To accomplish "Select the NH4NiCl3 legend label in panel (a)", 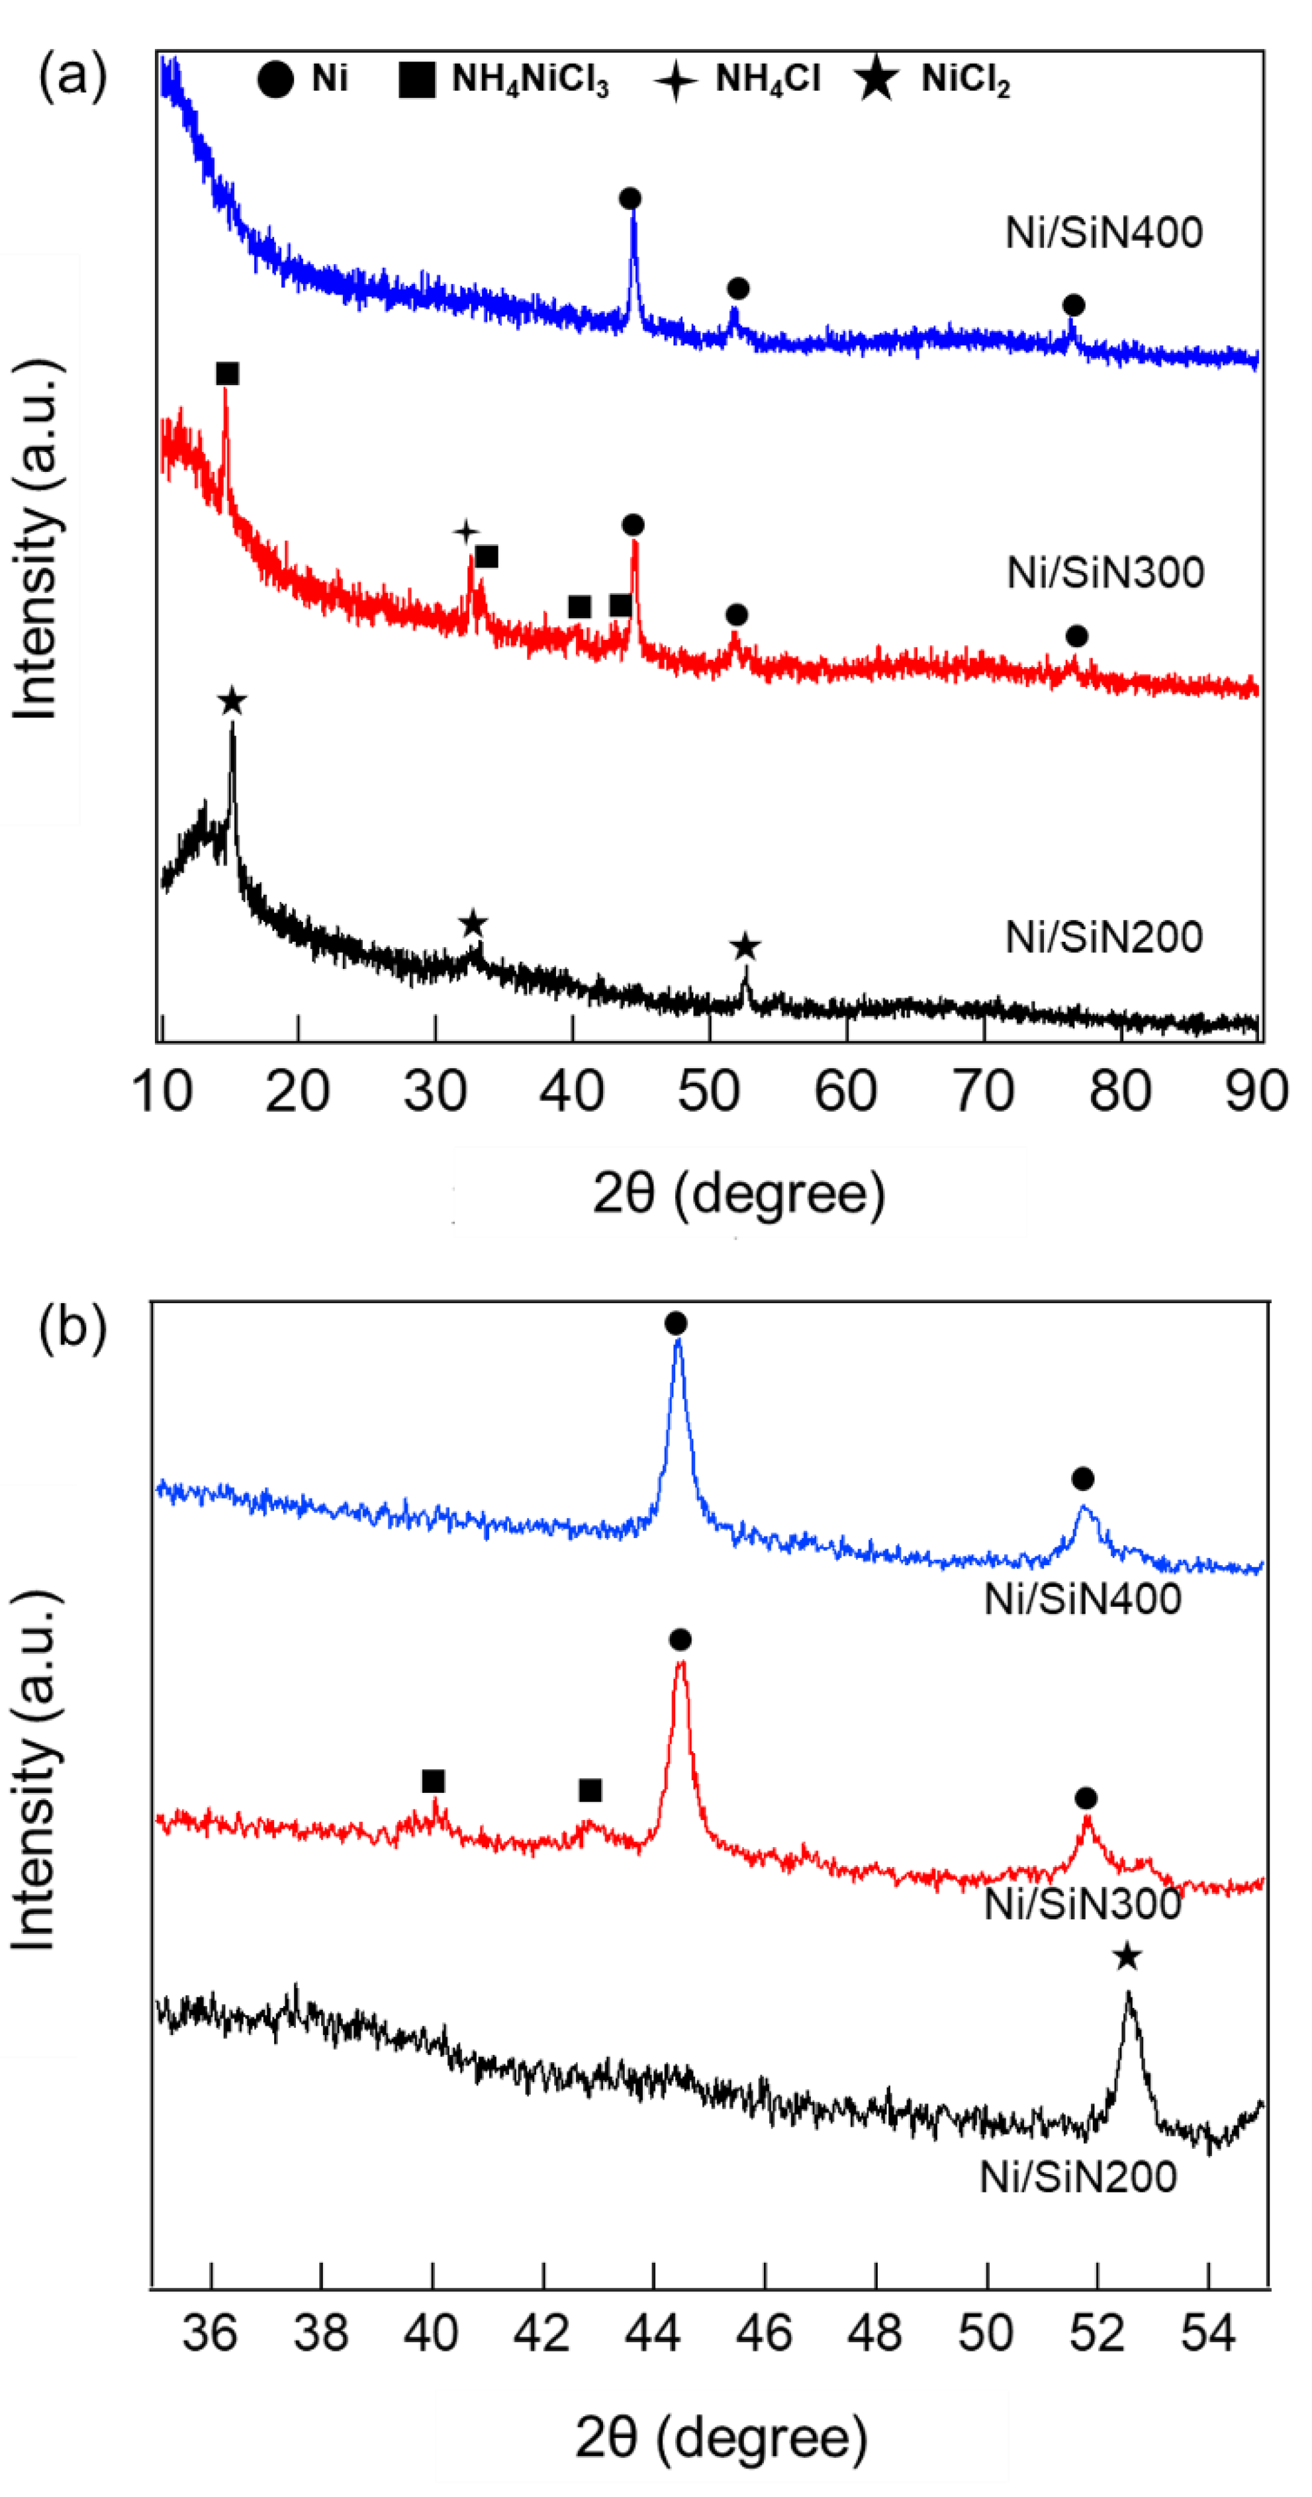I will (x=530, y=79).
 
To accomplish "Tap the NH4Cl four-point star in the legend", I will (x=675, y=79).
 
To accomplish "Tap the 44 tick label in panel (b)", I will (x=653, y=2332).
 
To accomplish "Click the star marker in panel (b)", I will (x=1126, y=1957).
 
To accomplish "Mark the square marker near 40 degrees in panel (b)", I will (x=434, y=1782).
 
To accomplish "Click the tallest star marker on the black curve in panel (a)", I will (x=232, y=701).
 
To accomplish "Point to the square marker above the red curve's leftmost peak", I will (x=227, y=374).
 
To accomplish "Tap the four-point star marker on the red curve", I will (x=467, y=531).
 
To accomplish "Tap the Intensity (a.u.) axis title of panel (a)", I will (x=37, y=539).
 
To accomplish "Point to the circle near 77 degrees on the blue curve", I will (x=1072, y=305).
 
